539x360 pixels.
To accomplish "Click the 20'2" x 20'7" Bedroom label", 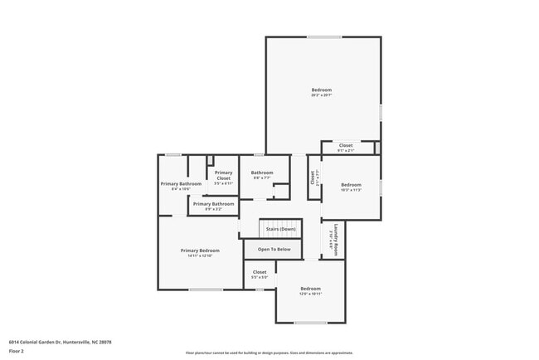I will [322, 90].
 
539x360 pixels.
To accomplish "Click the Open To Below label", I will [274, 249].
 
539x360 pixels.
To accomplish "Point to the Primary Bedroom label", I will [201, 250].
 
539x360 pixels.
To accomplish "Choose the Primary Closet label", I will [223, 175].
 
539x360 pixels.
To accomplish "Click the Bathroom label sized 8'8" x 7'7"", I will [262, 173].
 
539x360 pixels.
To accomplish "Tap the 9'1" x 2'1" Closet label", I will [346, 145].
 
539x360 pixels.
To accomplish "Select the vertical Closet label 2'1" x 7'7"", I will [313, 178].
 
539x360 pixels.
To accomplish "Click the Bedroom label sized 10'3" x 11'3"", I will [351, 185].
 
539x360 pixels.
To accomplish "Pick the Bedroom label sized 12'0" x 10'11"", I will [310, 289].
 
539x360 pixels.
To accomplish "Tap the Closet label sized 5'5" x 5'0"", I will [260, 272].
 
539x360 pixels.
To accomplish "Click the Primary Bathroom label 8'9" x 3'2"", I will [213, 203].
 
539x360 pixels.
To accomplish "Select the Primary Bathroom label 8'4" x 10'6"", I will [181, 183].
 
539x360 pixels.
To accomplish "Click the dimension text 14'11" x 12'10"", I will [201, 255].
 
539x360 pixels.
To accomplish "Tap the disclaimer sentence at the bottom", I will [269, 353].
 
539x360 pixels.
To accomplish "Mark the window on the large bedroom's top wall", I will [323, 36].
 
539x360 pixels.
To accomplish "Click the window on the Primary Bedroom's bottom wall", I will [206, 289].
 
